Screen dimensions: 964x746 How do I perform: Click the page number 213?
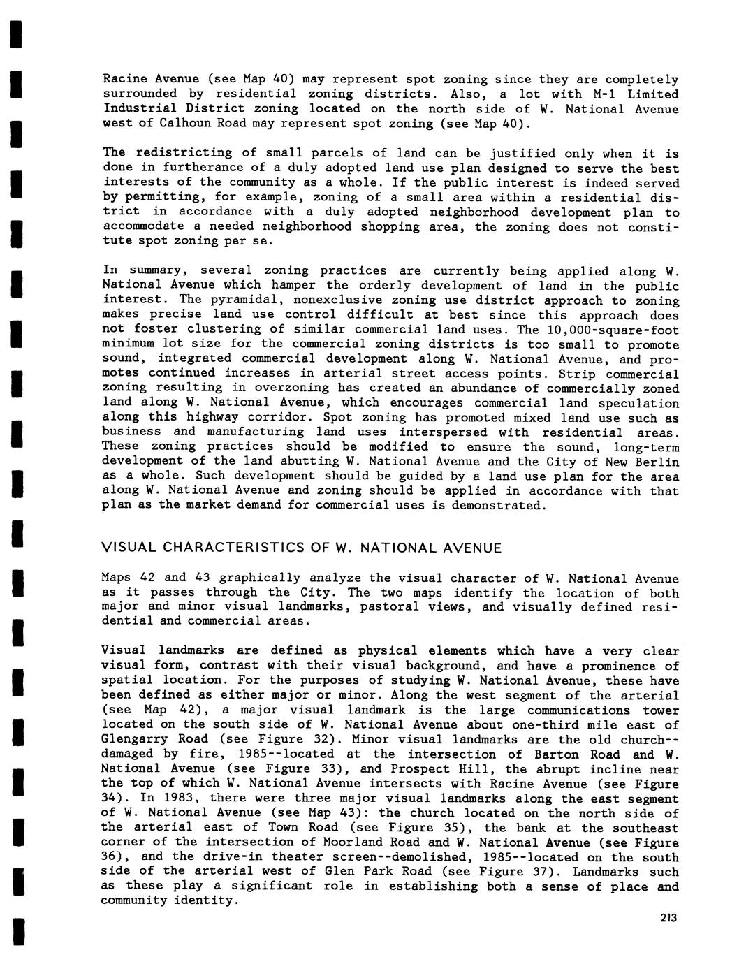click(668, 918)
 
